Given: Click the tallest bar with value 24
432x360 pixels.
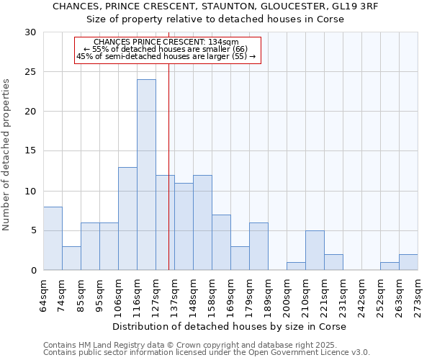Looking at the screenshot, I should click(146, 175).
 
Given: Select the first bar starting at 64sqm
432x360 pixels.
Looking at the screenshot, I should click(53, 238).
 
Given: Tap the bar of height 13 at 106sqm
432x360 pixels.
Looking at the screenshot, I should click(127, 219).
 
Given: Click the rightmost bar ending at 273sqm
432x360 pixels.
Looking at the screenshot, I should click(408, 262).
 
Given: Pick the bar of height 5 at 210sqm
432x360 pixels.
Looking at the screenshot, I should click(315, 251).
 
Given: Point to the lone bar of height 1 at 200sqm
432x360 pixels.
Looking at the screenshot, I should click(296, 266).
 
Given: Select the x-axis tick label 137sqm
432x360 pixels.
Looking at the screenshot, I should click(174, 297).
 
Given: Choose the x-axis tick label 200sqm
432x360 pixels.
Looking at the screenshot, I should click(287, 297).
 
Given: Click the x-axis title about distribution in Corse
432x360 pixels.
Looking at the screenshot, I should click(230, 326).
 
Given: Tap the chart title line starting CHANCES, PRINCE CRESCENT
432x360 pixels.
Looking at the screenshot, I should click(216, 6).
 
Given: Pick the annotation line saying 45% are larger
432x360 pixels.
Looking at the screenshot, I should click(166, 56).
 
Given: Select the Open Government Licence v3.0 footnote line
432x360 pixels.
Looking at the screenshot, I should click(207, 352).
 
